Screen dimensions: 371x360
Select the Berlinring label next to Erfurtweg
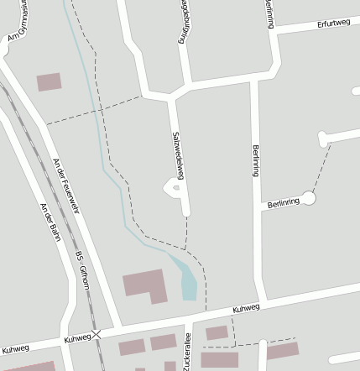(269, 14)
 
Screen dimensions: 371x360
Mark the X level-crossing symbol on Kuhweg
(97, 334)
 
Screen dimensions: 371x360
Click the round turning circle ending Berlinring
(309, 198)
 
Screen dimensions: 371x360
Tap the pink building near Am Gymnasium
(49, 81)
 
